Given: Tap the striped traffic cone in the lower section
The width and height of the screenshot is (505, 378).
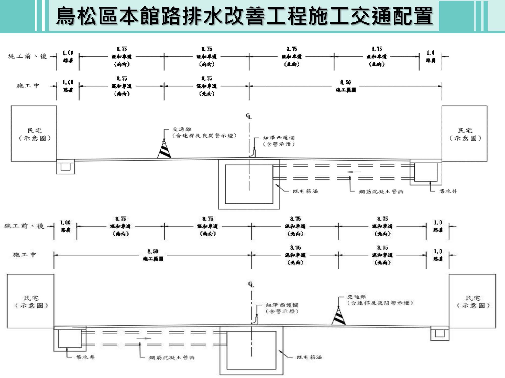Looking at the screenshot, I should tap(338, 317).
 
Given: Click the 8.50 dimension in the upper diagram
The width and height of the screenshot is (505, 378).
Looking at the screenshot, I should tap(345, 82).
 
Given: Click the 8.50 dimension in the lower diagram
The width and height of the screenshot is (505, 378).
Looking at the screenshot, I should tap(153, 251).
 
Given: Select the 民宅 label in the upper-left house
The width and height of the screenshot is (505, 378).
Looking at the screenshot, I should tap(35, 131).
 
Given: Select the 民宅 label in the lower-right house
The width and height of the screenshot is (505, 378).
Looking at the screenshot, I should tap(473, 298).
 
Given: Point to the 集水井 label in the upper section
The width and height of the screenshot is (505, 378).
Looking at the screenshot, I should tap(448, 191).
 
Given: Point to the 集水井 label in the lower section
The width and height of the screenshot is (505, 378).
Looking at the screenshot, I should tap(85, 357).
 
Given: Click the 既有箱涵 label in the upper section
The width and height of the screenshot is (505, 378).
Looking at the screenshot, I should tap(305, 191).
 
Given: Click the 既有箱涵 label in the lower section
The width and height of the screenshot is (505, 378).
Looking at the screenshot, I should tap(309, 357).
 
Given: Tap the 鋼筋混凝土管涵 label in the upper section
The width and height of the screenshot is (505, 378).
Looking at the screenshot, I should tap(381, 192).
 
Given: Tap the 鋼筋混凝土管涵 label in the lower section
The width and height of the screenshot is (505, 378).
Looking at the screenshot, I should tap(172, 357).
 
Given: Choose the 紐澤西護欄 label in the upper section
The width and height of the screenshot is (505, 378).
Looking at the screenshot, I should tap(279, 138).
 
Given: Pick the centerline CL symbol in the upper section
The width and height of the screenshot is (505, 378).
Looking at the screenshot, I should tap(249, 116).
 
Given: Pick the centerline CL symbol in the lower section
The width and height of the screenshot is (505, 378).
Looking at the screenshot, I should tap(251, 284).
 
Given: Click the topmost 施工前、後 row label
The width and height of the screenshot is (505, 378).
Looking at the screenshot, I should tap(28, 56).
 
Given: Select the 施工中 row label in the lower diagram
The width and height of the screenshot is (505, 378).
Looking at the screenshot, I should tap(24, 255).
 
